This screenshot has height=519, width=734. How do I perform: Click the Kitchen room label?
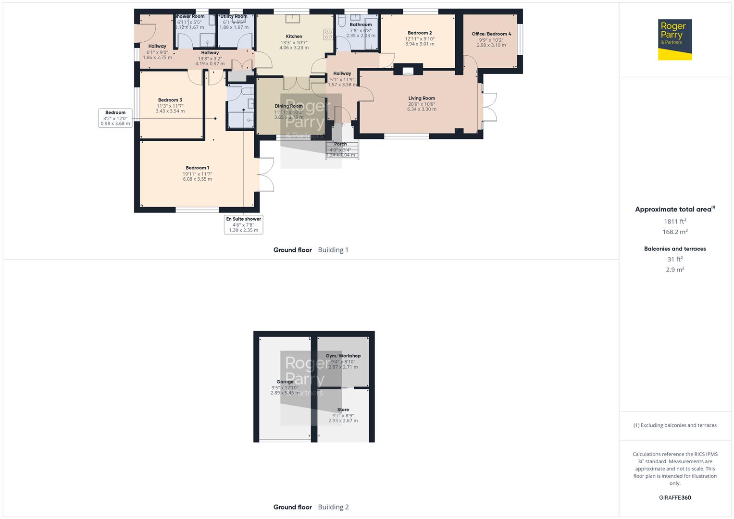tap(294, 37)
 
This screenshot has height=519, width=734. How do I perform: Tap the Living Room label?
tap(422, 98)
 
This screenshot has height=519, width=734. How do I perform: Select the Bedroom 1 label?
tap(197, 168)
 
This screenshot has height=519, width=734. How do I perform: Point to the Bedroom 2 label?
tap(420, 33)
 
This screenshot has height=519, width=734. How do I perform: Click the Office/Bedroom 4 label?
tap(491, 34)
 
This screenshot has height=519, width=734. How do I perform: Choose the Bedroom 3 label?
tap(170, 100)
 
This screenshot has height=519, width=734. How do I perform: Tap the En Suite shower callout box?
tap(244, 224)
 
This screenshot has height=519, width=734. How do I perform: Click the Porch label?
tap(340, 144)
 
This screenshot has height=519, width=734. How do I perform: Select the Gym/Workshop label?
tap(343, 356)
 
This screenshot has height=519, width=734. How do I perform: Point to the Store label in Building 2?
tap(343, 410)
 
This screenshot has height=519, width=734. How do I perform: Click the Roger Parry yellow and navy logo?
tap(674, 39)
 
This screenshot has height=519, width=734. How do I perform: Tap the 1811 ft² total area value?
tap(675, 222)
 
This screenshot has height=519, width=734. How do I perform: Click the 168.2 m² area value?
tap(675, 232)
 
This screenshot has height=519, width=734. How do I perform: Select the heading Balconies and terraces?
tap(675, 249)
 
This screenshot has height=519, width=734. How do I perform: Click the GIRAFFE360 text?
tap(675, 498)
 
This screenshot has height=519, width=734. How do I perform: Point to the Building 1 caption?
tap(333, 250)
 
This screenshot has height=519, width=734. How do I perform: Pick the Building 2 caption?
tap(333, 507)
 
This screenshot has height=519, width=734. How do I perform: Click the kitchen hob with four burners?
tap(329, 35)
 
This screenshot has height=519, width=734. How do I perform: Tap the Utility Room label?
tap(234, 16)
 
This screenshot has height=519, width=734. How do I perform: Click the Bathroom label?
tap(361, 25)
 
